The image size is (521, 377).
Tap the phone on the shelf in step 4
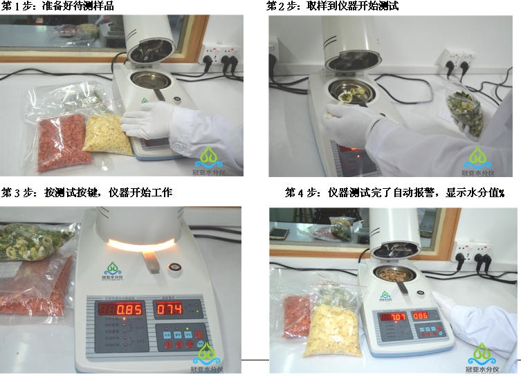280,233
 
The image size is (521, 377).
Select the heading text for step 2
332,6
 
